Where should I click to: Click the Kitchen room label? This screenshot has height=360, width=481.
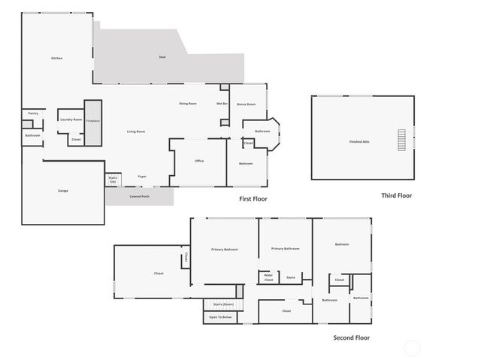pyautogui.click(x=56, y=59)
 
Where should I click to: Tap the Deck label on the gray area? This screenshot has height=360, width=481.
pyautogui.click(x=162, y=57)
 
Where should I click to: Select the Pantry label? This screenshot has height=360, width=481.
pyautogui.click(x=33, y=113)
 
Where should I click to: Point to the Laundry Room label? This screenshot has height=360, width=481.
pyautogui.click(x=71, y=119)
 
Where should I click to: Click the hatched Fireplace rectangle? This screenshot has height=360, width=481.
pyautogui.click(x=92, y=122)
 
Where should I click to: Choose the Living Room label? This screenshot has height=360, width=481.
pyautogui.click(x=136, y=132)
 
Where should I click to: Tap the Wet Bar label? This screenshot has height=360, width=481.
pyautogui.click(x=222, y=104)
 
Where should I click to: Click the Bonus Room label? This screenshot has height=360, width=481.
pyautogui.click(x=247, y=104)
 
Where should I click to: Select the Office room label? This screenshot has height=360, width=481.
pyautogui.click(x=199, y=161)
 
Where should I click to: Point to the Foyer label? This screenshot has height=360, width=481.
pyautogui.click(x=142, y=177)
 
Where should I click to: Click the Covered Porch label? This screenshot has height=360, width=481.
pyautogui.click(x=139, y=196)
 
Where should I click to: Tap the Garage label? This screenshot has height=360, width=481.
pyautogui.click(x=63, y=191)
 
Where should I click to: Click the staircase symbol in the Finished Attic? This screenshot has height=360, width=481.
pyautogui.click(x=401, y=141)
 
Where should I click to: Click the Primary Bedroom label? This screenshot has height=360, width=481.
pyautogui.click(x=224, y=249)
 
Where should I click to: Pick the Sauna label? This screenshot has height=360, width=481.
pyautogui.click(x=291, y=277)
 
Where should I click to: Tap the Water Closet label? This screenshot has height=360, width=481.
pyautogui.click(x=268, y=277)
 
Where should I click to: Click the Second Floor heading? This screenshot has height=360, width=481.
pyautogui.click(x=351, y=338)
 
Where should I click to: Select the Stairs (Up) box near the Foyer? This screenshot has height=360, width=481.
pyautogui.click(x=113, y=180)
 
